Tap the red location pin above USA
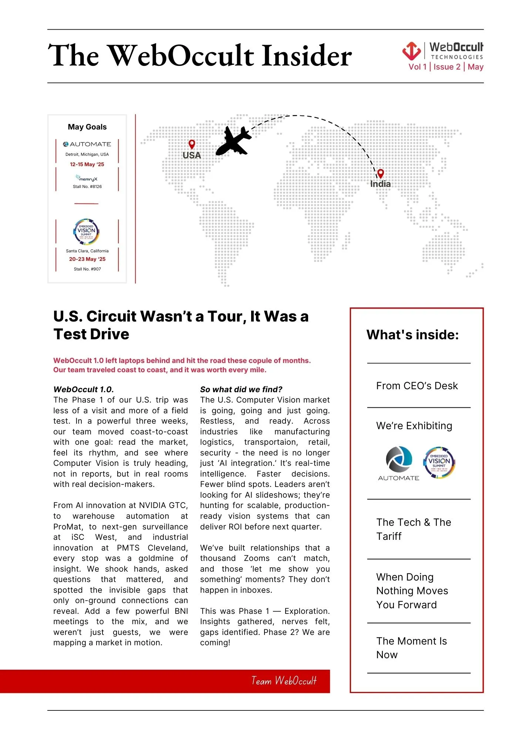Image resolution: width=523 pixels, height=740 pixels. tap(192, 144)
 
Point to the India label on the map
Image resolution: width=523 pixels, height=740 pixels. tap(380, 184)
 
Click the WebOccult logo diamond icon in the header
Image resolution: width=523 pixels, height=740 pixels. tap(411, 51)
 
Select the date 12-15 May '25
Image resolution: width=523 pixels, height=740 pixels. tap(87, 164)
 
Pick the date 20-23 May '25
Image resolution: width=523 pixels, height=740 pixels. tap(87, 259)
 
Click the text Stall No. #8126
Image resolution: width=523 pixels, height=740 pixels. tap(87, 186)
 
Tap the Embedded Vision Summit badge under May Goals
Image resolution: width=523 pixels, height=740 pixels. tap(87, 232)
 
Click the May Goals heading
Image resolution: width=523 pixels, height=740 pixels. tap(87, 127)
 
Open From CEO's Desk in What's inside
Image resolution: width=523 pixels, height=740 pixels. tap(417, 386)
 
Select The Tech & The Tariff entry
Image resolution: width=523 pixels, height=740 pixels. tap(414, 529)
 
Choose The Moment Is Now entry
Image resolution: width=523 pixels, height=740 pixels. tap(411, 648)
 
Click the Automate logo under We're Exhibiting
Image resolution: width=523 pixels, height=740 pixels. tap(399, 463)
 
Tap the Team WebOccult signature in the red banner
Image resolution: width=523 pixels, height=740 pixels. tap(284, 681)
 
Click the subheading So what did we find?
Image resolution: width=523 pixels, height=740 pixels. tap(241, 389)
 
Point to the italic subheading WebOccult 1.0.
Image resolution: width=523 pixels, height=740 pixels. tap(84, 389)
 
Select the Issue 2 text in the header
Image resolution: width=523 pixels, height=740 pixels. tap(447, 67)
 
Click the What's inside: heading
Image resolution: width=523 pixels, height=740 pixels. tap(412, 335)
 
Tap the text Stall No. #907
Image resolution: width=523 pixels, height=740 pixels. tap(87, 269)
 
